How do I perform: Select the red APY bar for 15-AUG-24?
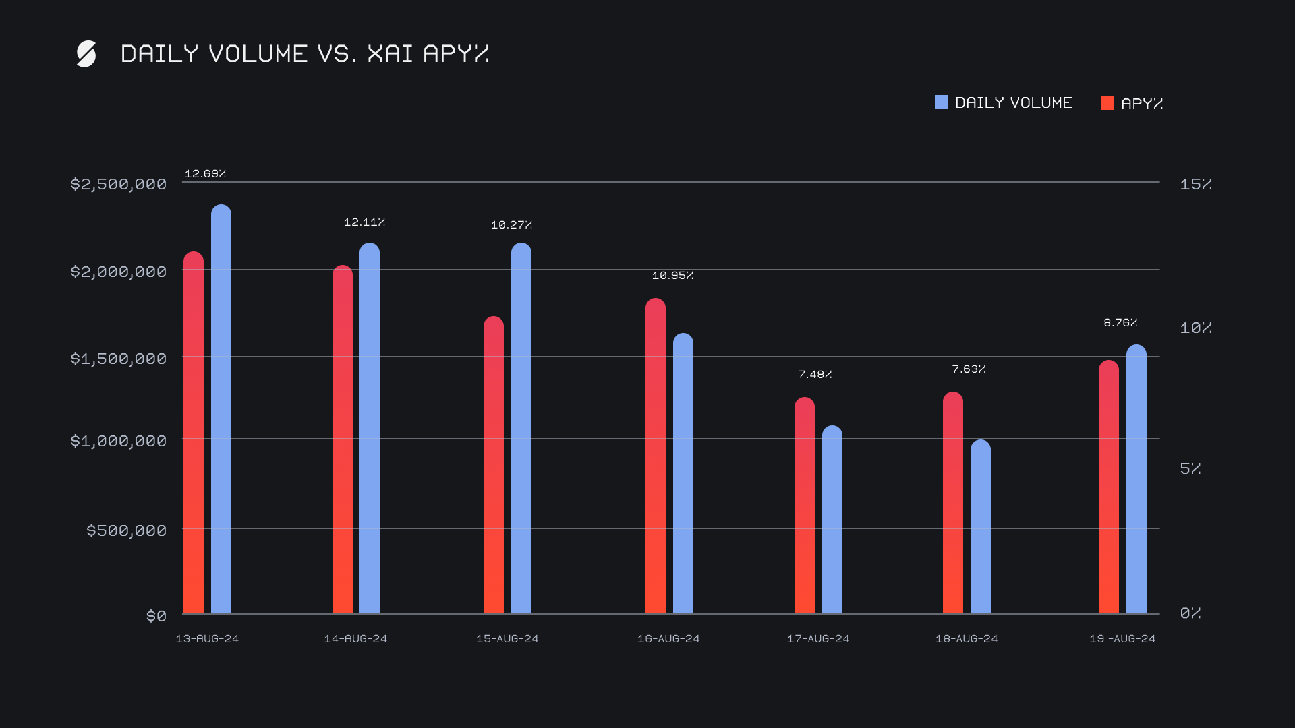pyautogui.click(x=494, y=465)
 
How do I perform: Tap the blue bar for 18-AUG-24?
pyautogui.click(x=981, y=526)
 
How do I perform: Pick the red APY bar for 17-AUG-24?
pyautogui.click(x=805, y=506)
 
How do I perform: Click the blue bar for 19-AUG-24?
pyautogui.click(x=1136, y=479)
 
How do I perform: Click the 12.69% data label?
pyautogui.click(x=205, y=173)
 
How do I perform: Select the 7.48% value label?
pyautogui.click(x=815, y=374)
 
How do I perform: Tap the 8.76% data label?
pyautogui.click(x=1120, y=322)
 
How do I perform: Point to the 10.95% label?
pyautogui.click(x=672, y=275)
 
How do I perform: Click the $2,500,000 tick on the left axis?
pyautogui.click(x=119, y=184)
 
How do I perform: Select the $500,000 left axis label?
pyautogui.click(x=126, y=530)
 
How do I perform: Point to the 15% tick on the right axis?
pyautogui.click(x=1195, y=184)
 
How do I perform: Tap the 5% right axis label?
pyautogui.click(x=1190, y=468)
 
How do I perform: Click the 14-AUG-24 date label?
pyautogui.click(x=355, y=638)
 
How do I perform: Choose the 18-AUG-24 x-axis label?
pyautogui.click(x=967, y=638)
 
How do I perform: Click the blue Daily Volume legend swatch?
pyautogui.click(x=942, y=102)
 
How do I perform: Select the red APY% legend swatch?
pyautogui.click(x=1107, y=103)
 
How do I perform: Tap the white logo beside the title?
pyautogui.click(x=86, y=54)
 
